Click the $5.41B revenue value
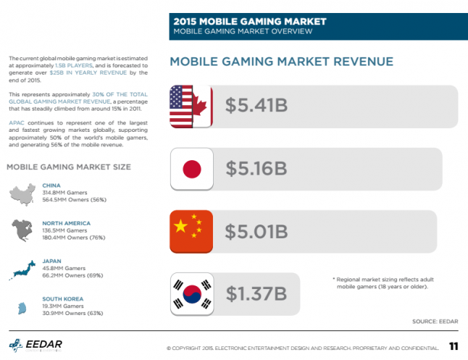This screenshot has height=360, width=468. pos(256,106)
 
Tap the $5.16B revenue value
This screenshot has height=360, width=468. pos(256,169)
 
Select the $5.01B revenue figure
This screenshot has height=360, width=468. pos(256,232)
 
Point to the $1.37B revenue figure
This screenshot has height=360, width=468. pos(256,294)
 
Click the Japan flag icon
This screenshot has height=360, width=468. pos(191,169)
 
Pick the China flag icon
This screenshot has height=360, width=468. pos(191,232)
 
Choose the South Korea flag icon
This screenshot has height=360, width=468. pos(191,294)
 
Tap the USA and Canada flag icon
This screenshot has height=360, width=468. pos(191,106)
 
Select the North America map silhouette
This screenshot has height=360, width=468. pos(22,230)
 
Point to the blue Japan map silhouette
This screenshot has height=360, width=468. pos(22,269)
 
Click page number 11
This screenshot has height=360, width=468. pos(454,345)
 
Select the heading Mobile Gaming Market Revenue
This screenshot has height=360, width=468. pos(281,62)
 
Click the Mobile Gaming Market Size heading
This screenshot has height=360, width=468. pos(69,167)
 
